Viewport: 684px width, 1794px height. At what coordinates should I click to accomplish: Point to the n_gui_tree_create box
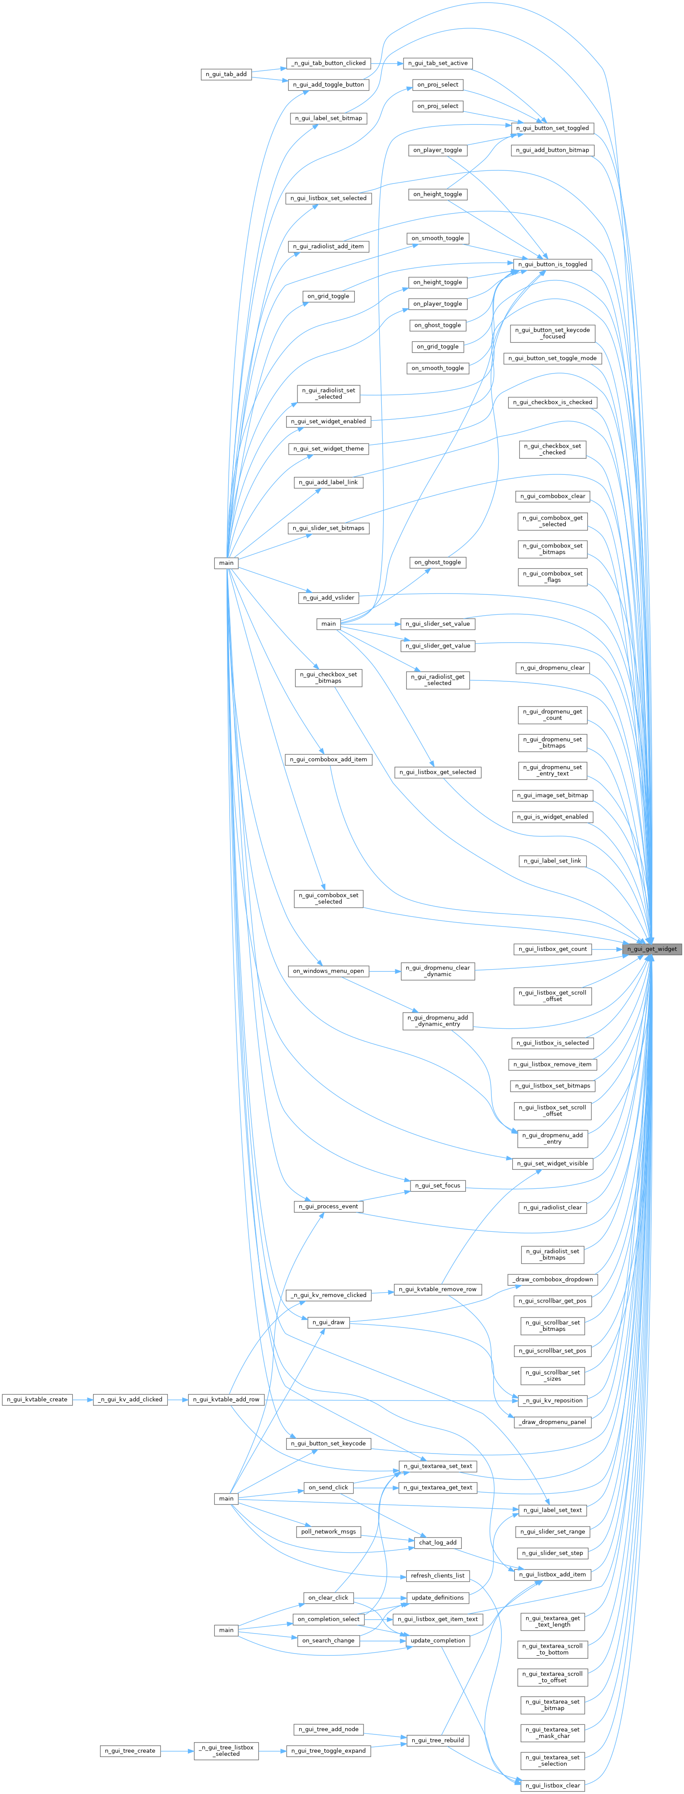(x=130, y=1750)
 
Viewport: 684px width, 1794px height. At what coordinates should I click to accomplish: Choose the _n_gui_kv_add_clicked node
(x=130, y=1399)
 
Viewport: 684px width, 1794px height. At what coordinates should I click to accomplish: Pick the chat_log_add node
(x=437, y=1543)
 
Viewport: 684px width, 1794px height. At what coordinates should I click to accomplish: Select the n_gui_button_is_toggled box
(x=553, y=265)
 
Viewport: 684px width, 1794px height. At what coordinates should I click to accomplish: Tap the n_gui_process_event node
(x=328, y=1206)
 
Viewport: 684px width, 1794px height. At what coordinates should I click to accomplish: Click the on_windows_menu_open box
(x=328, y=971)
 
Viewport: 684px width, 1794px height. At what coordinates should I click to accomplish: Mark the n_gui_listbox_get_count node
(x=553, y=949)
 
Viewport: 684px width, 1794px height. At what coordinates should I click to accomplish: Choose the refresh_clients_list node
(x=437, y=1575)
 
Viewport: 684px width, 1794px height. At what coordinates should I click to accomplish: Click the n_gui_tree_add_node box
(x=328, y=1729)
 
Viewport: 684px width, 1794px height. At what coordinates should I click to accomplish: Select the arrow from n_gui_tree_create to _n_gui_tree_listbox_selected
(x=177, y=1750)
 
